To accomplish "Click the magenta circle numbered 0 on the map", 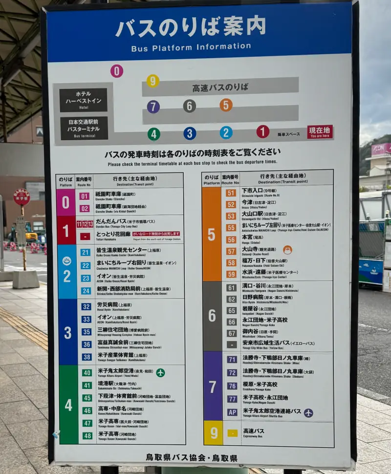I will [116, 71].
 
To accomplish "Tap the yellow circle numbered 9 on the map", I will [153, 81].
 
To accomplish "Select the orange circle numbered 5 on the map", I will [226, 105].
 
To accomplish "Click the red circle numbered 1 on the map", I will [263, 131].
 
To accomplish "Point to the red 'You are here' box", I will [320, 132].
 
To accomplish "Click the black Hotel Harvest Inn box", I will [83, 100].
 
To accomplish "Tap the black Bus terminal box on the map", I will [84, 128].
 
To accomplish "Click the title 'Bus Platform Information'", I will [191, 47].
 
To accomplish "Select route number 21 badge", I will [86, 253].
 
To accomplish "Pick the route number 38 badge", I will [87, 357].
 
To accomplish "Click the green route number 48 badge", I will [87, 435].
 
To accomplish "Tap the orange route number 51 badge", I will [231, 193].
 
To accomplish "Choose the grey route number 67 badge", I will [232, 333].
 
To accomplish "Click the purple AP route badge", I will [232, 412].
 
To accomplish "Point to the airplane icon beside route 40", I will [160, 373].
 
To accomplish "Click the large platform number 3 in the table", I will [67, 333].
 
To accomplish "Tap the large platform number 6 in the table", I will [212, 316].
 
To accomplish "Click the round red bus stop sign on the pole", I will [22, 197].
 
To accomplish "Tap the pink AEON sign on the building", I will [381, 149].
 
